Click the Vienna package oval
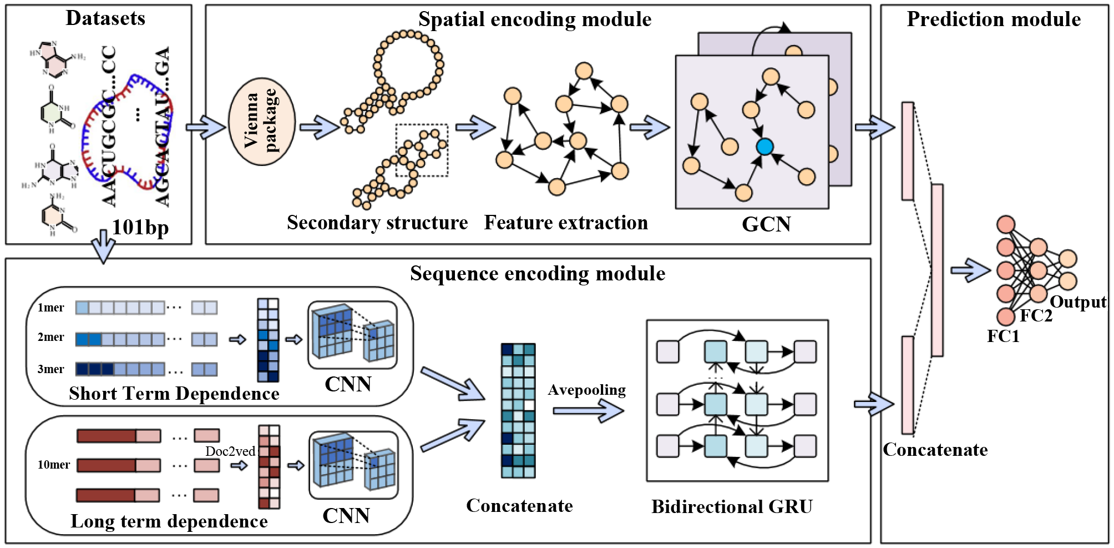coord(261,122)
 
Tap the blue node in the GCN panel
coord(764,147)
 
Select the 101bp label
coord(140,228)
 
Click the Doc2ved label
coord(230,451)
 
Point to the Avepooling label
coord(586,390)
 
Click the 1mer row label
coord(50,308)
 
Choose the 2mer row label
coord(50,337)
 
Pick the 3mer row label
coord(50,369)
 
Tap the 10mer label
coord(53,465)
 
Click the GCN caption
coord(766,224)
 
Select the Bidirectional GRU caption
coord(732,506)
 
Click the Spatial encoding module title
coord(535,19)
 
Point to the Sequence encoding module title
coord(538,274)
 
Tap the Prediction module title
coord(994,19)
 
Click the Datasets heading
coord(105,18)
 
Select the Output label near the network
coord(1078,302)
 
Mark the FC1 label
coord(1003,336)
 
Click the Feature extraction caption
coord(566,223)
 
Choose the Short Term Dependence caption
coord(174,394)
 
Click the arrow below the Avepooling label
coord(588,411)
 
